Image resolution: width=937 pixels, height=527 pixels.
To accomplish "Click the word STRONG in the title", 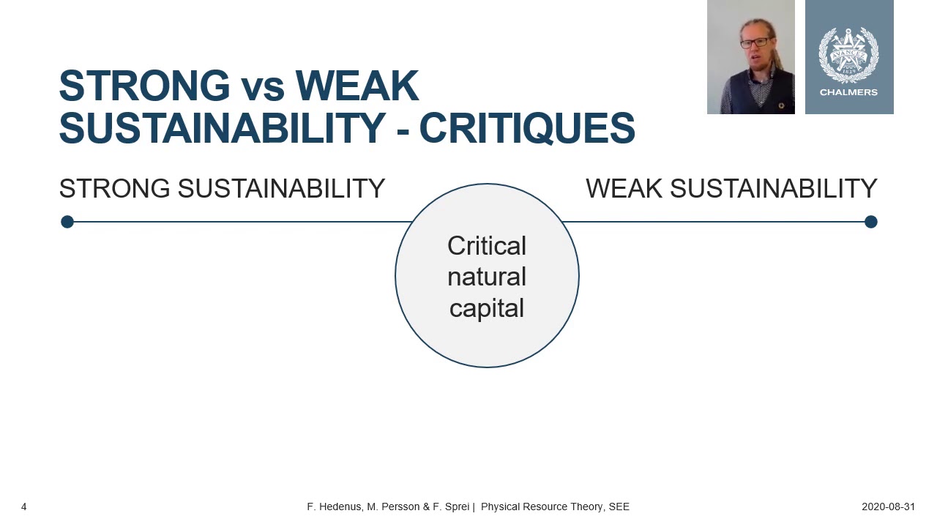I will point(144,86).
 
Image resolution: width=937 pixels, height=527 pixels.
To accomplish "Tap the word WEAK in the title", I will point(356,86).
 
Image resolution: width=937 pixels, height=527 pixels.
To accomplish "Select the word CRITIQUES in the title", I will point(526,129).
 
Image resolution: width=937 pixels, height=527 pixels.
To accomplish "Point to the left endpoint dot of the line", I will point(67,222).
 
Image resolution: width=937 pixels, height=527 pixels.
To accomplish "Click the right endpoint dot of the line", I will point(870,222).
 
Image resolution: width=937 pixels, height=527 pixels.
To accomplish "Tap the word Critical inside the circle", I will point(487,246).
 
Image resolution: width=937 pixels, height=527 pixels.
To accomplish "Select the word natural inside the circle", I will point(487,277).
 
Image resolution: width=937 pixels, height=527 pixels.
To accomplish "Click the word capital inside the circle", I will point(487,308).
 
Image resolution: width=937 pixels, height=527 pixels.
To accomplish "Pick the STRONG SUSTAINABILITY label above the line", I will point(222,189).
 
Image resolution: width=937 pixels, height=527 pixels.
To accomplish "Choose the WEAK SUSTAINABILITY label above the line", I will point(731,189).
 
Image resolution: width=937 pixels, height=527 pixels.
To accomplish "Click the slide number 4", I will point(24,507).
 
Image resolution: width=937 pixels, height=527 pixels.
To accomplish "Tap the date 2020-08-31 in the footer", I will point(888,507).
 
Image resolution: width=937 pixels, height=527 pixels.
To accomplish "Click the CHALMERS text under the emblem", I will point(848,92).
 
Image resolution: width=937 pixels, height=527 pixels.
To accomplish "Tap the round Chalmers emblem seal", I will point(848,54).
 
